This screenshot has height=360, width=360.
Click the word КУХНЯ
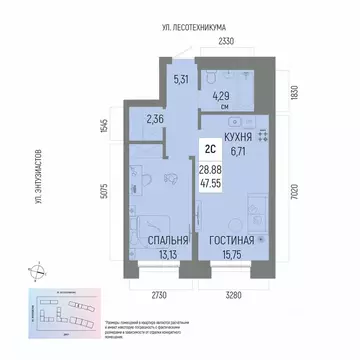239,142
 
